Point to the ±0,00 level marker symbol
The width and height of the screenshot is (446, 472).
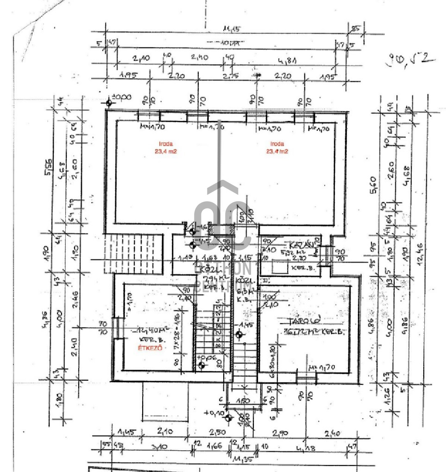pos(109,102)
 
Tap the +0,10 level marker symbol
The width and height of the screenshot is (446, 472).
pos(227,417)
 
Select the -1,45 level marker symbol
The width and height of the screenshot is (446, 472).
pos(239,334)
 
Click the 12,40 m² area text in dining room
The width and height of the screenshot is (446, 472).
pos(144,331)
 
